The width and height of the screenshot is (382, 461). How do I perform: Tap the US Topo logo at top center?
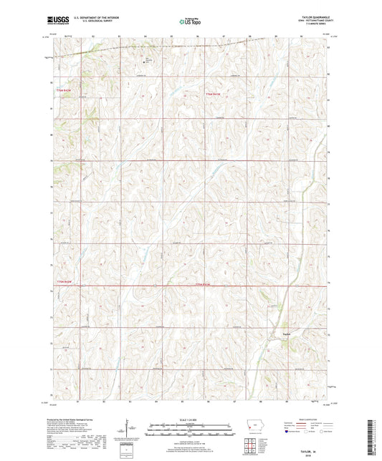[x=188, y=22]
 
